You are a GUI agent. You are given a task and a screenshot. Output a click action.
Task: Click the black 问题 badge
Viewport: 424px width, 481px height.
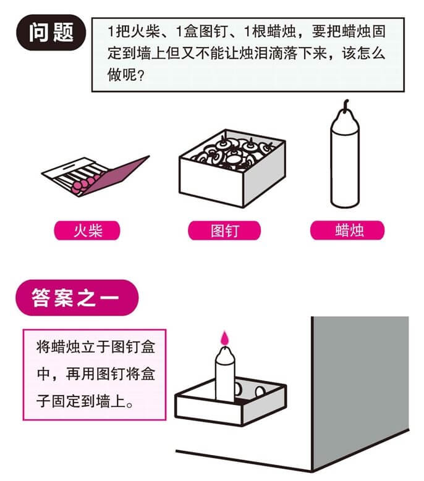tap(51, 33)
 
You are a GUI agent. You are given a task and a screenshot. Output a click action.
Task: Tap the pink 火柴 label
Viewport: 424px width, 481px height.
tap(87, 230)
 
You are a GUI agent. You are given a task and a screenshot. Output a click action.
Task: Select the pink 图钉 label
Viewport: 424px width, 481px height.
tap(224, 230)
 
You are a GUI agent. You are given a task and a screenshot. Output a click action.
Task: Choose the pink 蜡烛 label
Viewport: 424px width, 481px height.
tap(347, 230)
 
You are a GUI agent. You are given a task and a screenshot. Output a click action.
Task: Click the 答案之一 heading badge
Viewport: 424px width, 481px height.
tap(77, 298)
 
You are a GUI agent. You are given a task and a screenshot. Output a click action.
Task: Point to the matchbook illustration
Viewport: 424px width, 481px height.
tap(95, 176)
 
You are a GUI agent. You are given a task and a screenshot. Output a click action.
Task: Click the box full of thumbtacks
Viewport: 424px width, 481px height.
tap(232, 168)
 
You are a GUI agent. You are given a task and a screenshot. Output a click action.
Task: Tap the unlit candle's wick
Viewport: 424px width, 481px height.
tap(346, 105)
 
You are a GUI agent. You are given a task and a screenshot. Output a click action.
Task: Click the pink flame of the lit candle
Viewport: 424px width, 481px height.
tap(225, 338)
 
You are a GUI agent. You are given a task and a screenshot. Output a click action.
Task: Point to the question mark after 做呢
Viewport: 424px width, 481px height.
tap(141, 75)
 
